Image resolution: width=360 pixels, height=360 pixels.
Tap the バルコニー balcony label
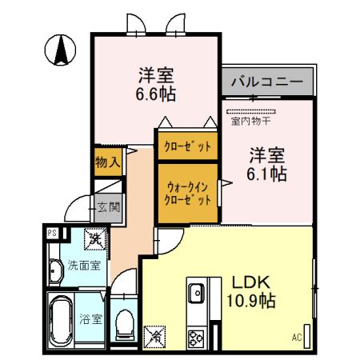pyautogui.click(x=267, y=82)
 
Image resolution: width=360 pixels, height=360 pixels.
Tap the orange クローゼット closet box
pyautogui.click(x=187, y=146)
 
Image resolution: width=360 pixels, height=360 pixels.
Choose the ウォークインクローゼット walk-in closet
pyautogui.click(x=187, y=191)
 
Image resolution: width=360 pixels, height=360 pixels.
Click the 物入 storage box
pyautogui.click(x=106, y=162)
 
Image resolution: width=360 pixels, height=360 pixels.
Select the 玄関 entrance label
pyautogui.click(x=108, y=207)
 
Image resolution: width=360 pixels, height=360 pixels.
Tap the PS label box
pyautogui.click(x=53, y=233)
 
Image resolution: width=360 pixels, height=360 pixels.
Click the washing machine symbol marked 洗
pyautogui.click(x=95, y=238)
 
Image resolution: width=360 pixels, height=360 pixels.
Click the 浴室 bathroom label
pyautogui.click(x=90, y=318)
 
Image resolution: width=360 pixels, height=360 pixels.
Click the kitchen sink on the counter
pyautogui.click(x=197, y=294)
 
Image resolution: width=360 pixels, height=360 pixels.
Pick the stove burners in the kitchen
pyautogui.click(x=196, y=338)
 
